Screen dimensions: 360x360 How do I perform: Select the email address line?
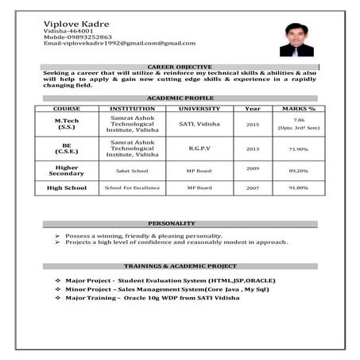[x=119, y=43]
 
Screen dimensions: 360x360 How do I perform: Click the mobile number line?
[x=78, y=37]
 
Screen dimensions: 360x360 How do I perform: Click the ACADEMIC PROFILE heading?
[x=180, y=98]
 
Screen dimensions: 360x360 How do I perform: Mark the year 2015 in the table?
[x=253, y=125]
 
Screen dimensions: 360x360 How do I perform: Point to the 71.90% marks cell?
[x=298, y=149]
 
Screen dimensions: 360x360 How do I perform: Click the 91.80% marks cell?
[x=298, y=188]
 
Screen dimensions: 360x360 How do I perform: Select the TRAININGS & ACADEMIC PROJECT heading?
[x=180, y=265]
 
